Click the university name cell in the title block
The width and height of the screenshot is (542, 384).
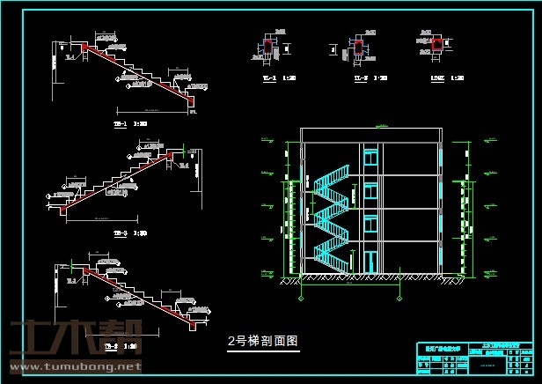[439, 348]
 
